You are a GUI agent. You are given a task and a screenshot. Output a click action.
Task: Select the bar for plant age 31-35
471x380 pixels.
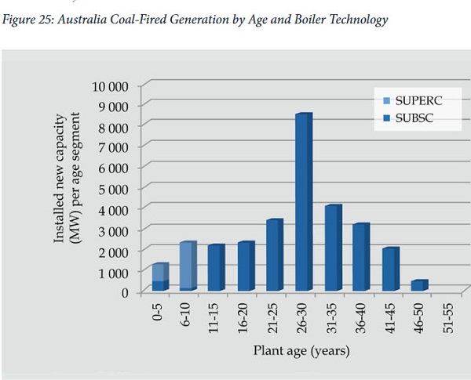click(x=333, y=248)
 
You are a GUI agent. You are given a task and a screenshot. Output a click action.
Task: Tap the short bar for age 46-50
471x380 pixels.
click(x=419, y=285)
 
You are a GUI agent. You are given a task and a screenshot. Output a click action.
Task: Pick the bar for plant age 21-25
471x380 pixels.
click(x=274, y=255)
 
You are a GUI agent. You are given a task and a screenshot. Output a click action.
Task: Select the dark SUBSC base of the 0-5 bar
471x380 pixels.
click(x=159, y=285)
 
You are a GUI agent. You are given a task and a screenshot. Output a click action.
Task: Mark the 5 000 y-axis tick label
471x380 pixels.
click(x=115, y=188)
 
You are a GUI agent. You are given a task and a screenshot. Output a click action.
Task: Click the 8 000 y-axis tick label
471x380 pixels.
click(x=115, y=126)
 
